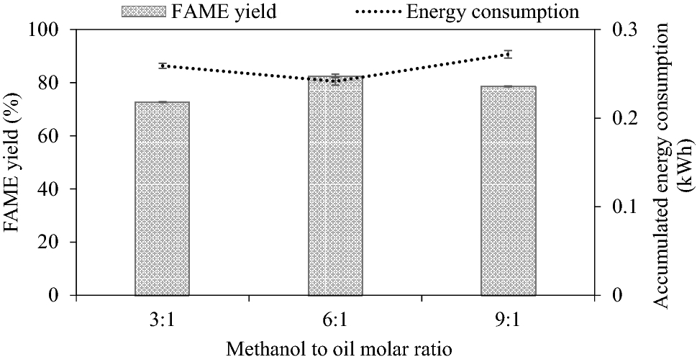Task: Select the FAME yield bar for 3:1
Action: [162, 199]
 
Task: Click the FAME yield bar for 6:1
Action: [335, 186]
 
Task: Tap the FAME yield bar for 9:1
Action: [509, 191]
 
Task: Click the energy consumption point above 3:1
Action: [163, 65]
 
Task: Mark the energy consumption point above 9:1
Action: [508, 54]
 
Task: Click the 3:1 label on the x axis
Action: [162, 317]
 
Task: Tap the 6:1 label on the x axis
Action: [335, 317]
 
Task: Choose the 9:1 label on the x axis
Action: [509, 317]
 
